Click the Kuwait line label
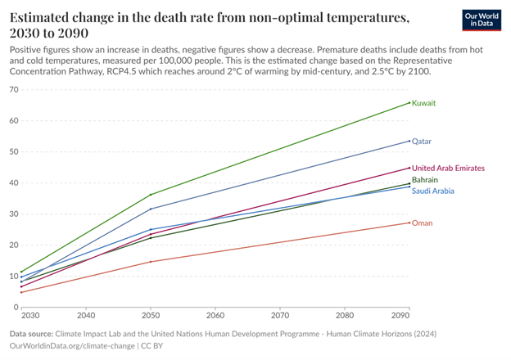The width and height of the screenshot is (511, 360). point(423,103)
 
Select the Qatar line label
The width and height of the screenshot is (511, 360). point(421,141)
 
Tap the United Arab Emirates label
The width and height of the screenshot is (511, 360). point(448,168)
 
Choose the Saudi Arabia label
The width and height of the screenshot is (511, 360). point(432,191)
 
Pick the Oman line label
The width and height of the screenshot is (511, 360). point(422,223)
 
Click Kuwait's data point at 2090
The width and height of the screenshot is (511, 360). point(409,103)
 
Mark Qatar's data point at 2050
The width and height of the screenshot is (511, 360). point(151,209)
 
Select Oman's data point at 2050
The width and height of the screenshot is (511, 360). point(151,262)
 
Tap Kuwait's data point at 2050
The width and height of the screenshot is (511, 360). point(151,195)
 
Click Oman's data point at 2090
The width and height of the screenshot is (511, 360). point(409,223)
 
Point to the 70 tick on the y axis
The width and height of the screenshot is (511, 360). point(15,88)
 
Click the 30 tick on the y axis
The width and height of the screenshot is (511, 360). point(15,214)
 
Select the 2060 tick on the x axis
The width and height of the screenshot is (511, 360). point(215,314)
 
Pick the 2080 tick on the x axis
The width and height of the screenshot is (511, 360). point(345,314)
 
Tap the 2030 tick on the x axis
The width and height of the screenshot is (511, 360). point(29,314)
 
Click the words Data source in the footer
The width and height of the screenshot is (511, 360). point(30,334)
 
